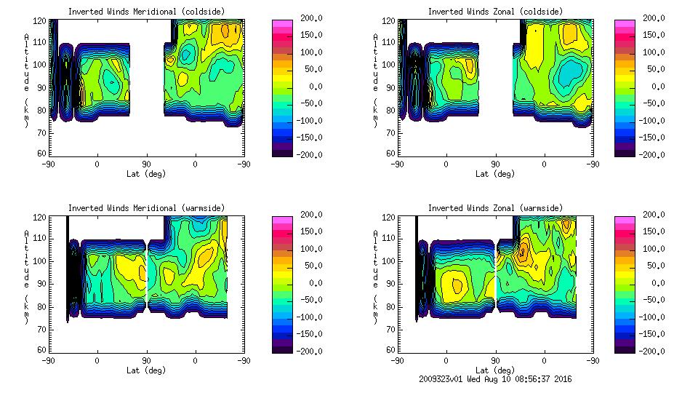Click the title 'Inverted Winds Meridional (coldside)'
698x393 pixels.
pos(146,12)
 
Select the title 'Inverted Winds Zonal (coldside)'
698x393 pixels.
pos(495,12)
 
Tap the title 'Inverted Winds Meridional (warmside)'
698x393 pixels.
pos(146,208)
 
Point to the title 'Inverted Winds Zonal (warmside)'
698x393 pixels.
pos(495,208)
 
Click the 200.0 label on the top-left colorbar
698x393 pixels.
pos(312,18)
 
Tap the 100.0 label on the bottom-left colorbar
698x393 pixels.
pos(312,249)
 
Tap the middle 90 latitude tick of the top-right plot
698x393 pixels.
pos(495,164)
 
